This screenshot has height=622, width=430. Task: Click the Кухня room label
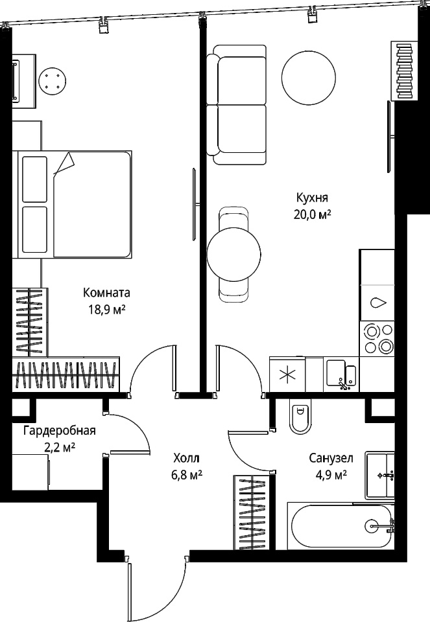point(312,198)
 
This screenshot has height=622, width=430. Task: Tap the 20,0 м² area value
point(313,214)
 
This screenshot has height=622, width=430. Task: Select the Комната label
point(107,293)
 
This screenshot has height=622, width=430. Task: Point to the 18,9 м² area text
point(107,310)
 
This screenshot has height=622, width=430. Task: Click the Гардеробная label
point(60,430)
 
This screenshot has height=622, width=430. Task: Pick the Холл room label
point(187,458)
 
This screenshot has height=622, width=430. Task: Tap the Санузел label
point(331,458)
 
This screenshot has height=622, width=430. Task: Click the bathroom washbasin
point(380,474)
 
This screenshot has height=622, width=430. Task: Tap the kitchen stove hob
point(377,338)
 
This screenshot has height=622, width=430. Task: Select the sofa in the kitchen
point(237,105)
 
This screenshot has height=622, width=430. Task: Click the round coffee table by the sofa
point(309,77)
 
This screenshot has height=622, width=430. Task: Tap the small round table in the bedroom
point(53,81)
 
